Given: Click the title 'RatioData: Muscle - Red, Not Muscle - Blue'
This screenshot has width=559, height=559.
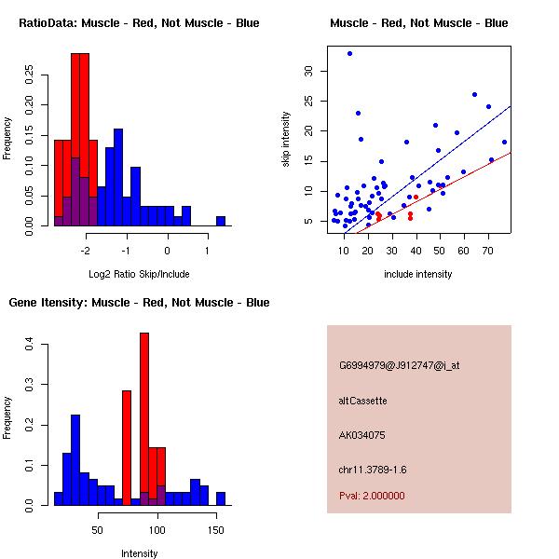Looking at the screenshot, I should pos(139,22).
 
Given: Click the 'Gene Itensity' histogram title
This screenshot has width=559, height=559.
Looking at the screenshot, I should pos(139,303).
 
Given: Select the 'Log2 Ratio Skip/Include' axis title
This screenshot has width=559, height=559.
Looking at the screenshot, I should pos(139,274).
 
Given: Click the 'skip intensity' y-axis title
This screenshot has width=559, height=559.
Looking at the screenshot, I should pos(286,140).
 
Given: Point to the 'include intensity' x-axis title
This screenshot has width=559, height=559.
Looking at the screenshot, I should pos(418,274).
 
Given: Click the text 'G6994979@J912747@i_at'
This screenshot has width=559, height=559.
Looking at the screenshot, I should pos(399,365).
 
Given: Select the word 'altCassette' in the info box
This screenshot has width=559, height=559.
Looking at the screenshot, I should pos(362,401).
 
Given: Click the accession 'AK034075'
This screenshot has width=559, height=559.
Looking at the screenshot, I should pos(362,435).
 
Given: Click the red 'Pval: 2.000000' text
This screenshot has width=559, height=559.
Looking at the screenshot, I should pos(372,496).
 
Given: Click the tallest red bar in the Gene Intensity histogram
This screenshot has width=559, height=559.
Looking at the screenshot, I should pos(144,419).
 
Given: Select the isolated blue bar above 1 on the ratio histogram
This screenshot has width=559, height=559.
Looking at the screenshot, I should pos(221,221).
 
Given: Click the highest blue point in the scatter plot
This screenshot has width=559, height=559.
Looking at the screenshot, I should pos(349,54).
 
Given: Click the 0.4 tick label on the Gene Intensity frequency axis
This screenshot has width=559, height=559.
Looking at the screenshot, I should pos(32,345).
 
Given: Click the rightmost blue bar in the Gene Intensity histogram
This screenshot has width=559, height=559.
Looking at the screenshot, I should pos(221,498).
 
